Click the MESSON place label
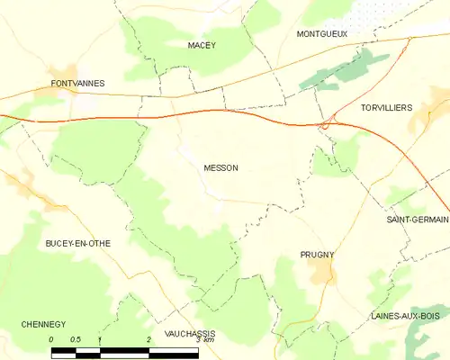pyautogui.click(x=220, y=167)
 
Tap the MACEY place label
pyautogui.click(x=202, y=44)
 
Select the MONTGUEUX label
pyautogui.click(x=321, y=33)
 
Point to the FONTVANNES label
pyautogui.click(x=78, y=83)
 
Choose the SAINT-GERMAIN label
pyautogui.click(x=418, y=220)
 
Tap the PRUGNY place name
pyautogui.click(x=317, y=255)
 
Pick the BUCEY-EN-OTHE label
pyautogui.click(x=78, y=243)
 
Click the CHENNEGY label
pyautogui.click(x=44, y=324)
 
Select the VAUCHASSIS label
pyautogui.click(x=191, y=333)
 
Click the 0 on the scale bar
pyautogui.click(x=52, y=339)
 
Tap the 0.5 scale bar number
pyautogui.click(x=76, y=339)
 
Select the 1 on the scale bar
pyautogui.click(x=100, y=339)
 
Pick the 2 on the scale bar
pyautogui.click(x=148, y=339)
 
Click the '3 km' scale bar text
pyautogui.click(x=204, y=339)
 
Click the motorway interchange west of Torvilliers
pyautogui.click(x=327, y=123)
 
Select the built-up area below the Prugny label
pyautogui.click(x=320, y=271)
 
